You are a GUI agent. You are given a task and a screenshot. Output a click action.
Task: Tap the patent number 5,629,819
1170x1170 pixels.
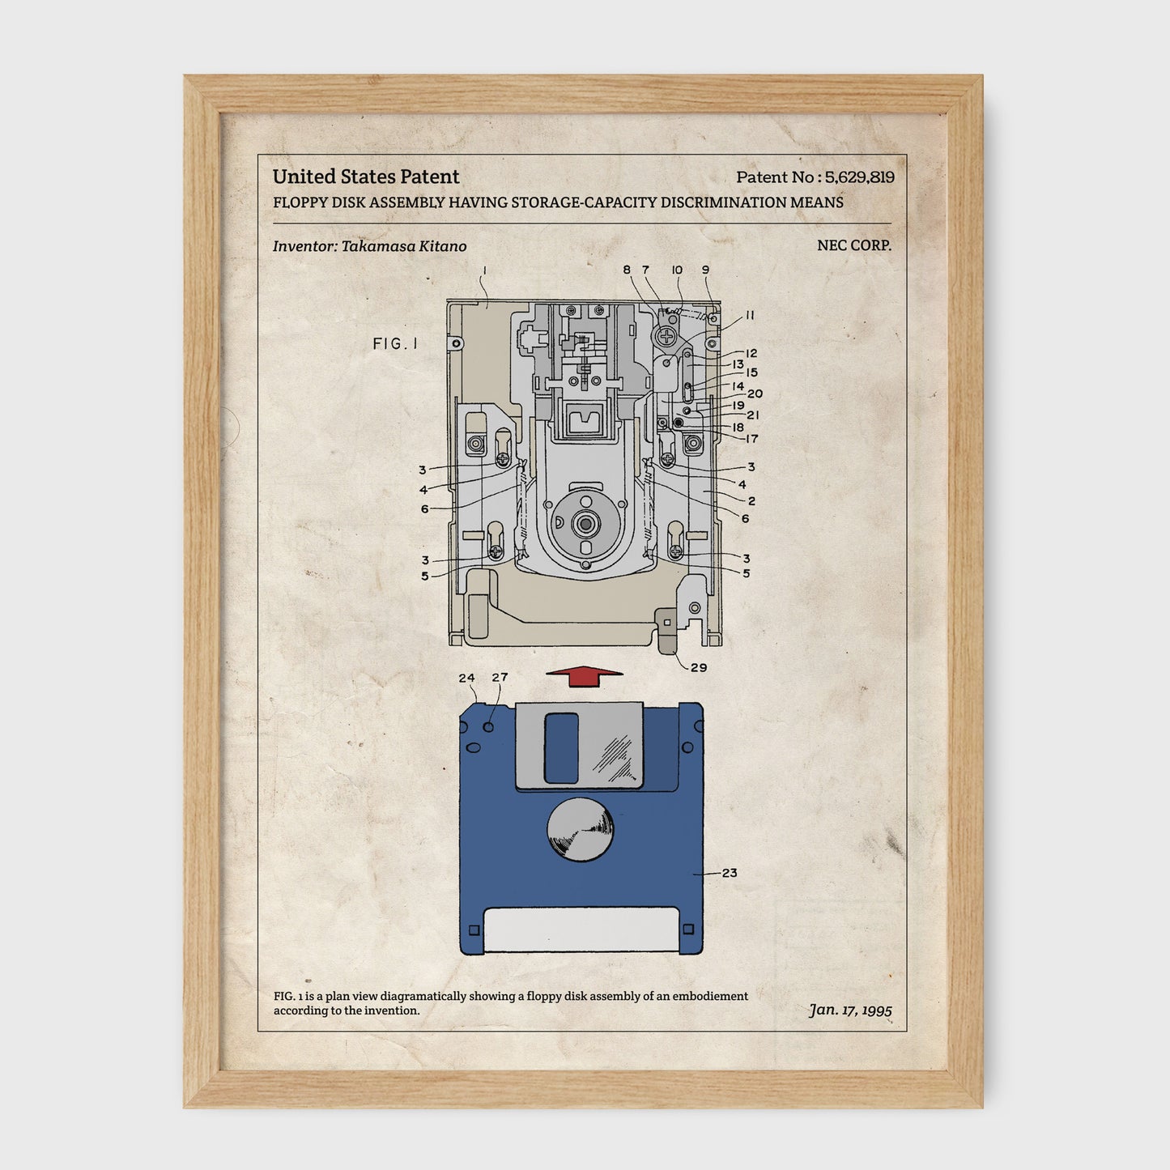click(859, 177)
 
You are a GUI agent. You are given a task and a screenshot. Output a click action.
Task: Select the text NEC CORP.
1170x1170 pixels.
click(854, 245)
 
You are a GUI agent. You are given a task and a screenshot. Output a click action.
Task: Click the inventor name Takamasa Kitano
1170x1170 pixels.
click(404, 246)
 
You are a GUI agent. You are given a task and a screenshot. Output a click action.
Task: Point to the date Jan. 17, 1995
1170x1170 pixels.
click(850, 1010)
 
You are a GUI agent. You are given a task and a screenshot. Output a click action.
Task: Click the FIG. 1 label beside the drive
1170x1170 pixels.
click(395, 343)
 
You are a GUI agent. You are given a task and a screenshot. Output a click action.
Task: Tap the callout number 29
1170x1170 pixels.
click(699, 667)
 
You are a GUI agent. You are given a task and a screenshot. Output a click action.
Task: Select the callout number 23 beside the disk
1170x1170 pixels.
click(730, 873)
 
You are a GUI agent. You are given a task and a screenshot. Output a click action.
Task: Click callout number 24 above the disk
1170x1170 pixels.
click(466, 678)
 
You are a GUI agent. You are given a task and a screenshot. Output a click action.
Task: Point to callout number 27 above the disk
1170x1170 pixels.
click(500, 677)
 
